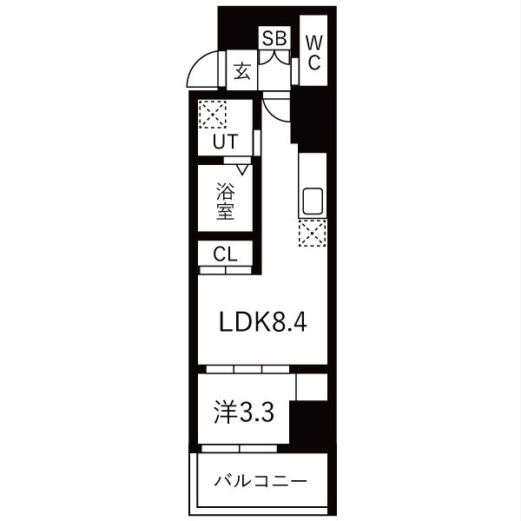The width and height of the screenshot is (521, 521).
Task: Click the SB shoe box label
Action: (x=274, y=38)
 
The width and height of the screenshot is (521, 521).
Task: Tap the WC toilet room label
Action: (x=314, y=52)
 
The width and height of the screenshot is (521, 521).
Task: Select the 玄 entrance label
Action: (x=241, y=71)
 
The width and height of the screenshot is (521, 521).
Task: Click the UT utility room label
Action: (x=225, y=142)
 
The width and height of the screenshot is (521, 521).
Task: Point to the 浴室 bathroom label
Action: (x=225, y=201)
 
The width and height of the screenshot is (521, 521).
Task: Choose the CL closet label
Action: (x=225, y=254)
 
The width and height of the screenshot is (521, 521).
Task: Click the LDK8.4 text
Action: (x=263, y=322)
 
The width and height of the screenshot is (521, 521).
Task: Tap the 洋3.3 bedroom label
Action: (x=244, y=412)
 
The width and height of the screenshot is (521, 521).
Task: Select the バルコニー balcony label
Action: (x=260, y=481)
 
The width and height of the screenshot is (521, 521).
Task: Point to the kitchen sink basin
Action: (x=313, y=201)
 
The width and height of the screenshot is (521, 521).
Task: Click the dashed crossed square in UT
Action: (x=213, y=115)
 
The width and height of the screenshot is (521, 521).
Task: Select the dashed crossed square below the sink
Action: (x=313, y=233)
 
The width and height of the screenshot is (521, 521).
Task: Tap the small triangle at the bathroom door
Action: (x=242, y=170)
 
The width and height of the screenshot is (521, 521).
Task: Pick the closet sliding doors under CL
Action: (x=226, y=270)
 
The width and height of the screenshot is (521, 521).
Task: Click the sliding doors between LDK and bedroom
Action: (x=247, y=369)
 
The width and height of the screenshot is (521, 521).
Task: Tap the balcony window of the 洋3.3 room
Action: (x=240, y=449)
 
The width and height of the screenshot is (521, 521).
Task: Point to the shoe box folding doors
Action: (x=274, y=57)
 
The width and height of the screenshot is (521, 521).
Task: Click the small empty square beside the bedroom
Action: (x=312, y=387)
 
